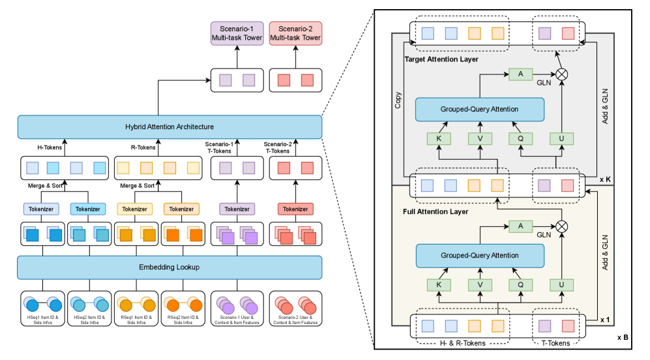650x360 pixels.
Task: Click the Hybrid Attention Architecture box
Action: [170, 127]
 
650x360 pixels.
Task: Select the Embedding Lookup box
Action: [170, 267]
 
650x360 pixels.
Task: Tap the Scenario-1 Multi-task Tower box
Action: [237, 33]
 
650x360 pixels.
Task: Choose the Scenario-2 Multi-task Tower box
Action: [295, 33]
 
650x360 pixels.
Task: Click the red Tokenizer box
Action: [295, 209]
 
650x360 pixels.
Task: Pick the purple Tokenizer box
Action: [237, 209]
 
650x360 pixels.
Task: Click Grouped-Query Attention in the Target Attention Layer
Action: [479, 109]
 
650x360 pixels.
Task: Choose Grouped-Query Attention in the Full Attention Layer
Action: [479, 255]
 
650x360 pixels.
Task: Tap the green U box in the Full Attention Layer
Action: [561, 284]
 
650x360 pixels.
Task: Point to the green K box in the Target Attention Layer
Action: [438, 138]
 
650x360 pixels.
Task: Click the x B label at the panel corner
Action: [623, 337]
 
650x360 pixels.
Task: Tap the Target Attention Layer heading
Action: [442, 59]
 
